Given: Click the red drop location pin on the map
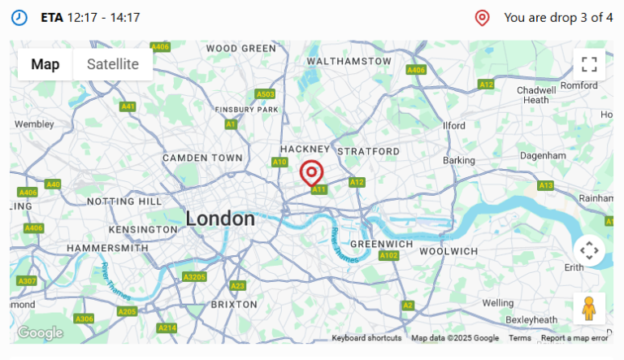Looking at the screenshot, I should (311, 173).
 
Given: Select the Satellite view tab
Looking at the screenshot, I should (113, 65).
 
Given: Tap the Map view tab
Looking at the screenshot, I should (45, 65).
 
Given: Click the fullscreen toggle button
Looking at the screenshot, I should (589, 65).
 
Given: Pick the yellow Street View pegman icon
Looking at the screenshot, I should (589, 309).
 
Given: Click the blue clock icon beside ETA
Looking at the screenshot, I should (19, 17).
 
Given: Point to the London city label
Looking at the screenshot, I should (220, 219).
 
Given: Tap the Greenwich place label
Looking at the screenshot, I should (383, 243).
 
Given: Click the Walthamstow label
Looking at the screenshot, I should (349, 61).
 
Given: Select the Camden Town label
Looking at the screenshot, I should (202, 158).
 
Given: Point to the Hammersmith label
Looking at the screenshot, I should (107, 248).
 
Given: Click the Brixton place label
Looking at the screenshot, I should (234, 304).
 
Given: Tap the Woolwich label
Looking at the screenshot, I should (448, 251).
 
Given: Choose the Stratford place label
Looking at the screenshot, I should (368, 151).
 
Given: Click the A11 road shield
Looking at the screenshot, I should (319, 189).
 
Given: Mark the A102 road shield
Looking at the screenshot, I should (389, 256).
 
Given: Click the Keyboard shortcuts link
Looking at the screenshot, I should (366, 338).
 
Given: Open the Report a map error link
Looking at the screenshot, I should (574, 338).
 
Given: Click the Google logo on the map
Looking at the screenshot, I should (40, 332).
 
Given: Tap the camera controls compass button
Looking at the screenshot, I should (589, 250).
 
